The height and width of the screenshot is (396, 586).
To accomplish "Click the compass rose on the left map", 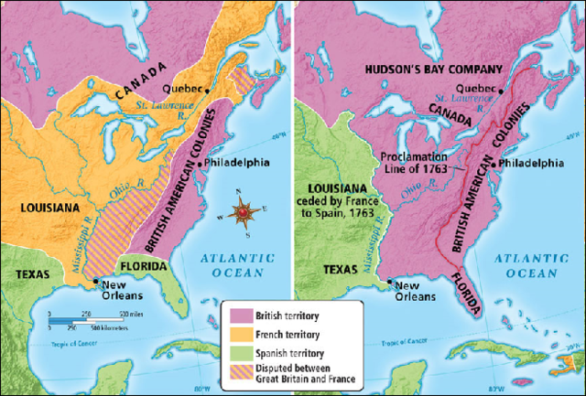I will coord(243,212).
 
